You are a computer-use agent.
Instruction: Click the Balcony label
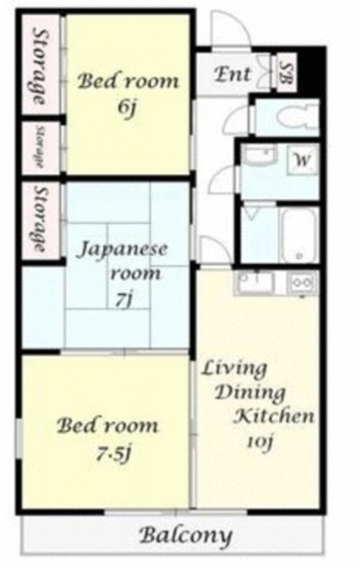click(x=186, y=535)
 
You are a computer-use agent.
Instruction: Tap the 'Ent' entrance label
click(x=233, y=74)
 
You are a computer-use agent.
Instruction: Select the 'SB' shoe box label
click(x=287, y=71)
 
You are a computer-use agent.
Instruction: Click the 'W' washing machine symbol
click(x=302, y=159)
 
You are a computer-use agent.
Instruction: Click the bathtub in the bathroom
click(x=299, y=235)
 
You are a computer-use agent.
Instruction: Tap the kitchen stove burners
click(x=301, y=282)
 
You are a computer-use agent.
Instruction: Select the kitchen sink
click(x=255, y=282)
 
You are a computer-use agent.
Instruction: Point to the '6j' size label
click(x=127, y=107)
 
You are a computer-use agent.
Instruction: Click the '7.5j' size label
click(x=113, y=453)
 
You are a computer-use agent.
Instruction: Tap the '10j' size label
click(x=260, y=442)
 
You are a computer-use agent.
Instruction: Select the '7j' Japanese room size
click(x=124, y=301)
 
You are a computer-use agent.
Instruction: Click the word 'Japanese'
click(x=123, y=250)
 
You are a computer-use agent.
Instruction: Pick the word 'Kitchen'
click(x=274, y=416)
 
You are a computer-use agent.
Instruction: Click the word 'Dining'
click(x=251, y=394)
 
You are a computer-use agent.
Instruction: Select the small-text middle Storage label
click(x=39, y=147)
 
